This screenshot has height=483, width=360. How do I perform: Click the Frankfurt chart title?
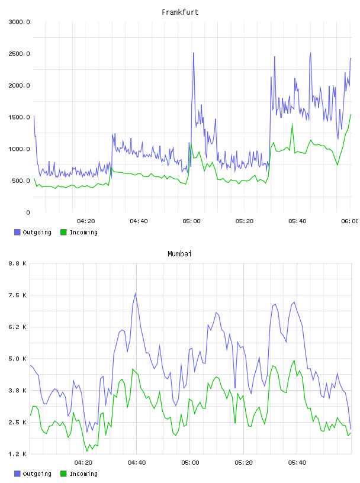(180, 12)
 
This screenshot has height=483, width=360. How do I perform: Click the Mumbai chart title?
(179, 254)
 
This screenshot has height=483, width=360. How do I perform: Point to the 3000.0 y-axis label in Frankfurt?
(19, 22)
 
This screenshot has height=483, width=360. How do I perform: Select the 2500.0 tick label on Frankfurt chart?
(19, 54)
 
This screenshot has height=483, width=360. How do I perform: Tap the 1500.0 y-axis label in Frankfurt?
(19, 117)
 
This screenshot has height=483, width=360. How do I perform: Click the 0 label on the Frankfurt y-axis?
(28, 212)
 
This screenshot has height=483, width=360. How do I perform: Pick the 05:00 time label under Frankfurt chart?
(191, 221)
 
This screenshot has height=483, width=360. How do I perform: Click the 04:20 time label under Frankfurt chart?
(86, 221)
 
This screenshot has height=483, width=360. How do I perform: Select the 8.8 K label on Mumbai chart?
(18, 263)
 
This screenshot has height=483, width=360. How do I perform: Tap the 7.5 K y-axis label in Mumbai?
(18, 295)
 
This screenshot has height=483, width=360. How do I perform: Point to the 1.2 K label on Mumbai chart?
(18, 454)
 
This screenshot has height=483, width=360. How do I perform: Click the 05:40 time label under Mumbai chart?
(297, 463)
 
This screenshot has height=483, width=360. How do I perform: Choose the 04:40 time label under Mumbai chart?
(137, 463)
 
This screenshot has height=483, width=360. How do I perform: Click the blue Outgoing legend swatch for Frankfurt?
(17, 232)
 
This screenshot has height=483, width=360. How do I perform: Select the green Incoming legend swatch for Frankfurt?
(63, 232)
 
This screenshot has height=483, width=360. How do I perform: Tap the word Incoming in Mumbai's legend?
(83, 474)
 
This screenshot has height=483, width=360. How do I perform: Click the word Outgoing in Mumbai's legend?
(37, 474)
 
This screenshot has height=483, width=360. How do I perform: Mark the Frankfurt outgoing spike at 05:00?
(194, 53)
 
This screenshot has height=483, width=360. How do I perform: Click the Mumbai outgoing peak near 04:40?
(136, 293)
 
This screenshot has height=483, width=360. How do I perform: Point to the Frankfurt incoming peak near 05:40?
(292, 124)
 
